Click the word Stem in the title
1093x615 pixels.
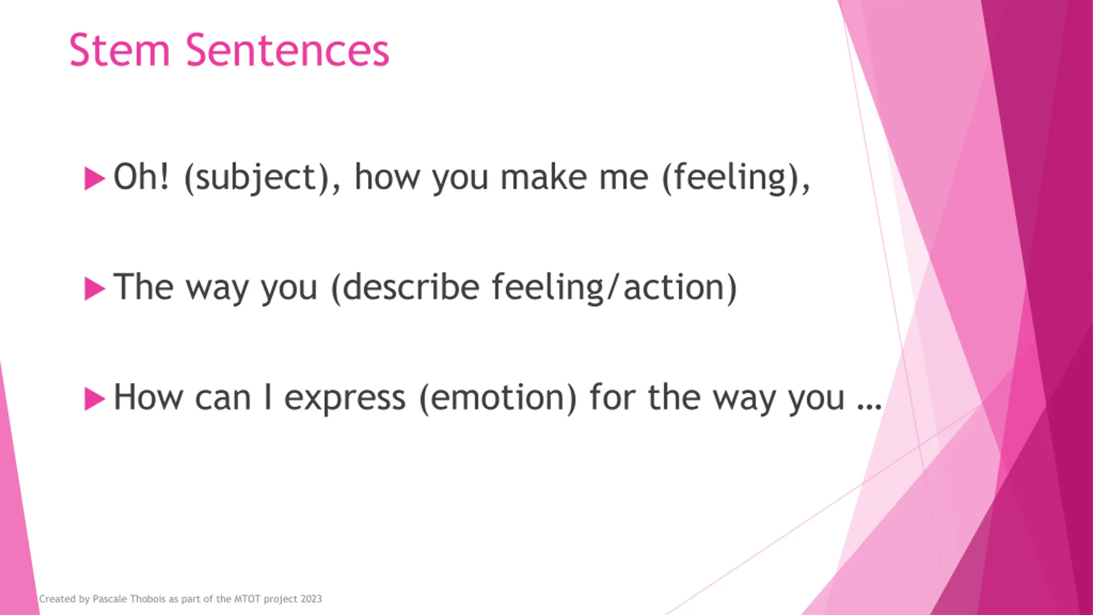120,50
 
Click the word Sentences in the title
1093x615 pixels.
287,50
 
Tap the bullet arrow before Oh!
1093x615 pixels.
95,178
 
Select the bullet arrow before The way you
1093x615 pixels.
95,289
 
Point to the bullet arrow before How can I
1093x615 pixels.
95,399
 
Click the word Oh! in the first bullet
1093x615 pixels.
141,176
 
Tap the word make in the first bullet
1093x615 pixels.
544,176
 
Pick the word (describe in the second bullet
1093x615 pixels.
405,287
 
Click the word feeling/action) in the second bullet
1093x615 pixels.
614,287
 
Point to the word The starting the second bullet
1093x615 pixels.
143,287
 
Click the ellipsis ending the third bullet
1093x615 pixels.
869,406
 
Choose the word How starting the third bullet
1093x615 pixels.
148,397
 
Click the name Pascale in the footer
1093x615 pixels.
110,599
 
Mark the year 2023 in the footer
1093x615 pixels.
311,599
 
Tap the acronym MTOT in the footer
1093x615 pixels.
247,599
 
